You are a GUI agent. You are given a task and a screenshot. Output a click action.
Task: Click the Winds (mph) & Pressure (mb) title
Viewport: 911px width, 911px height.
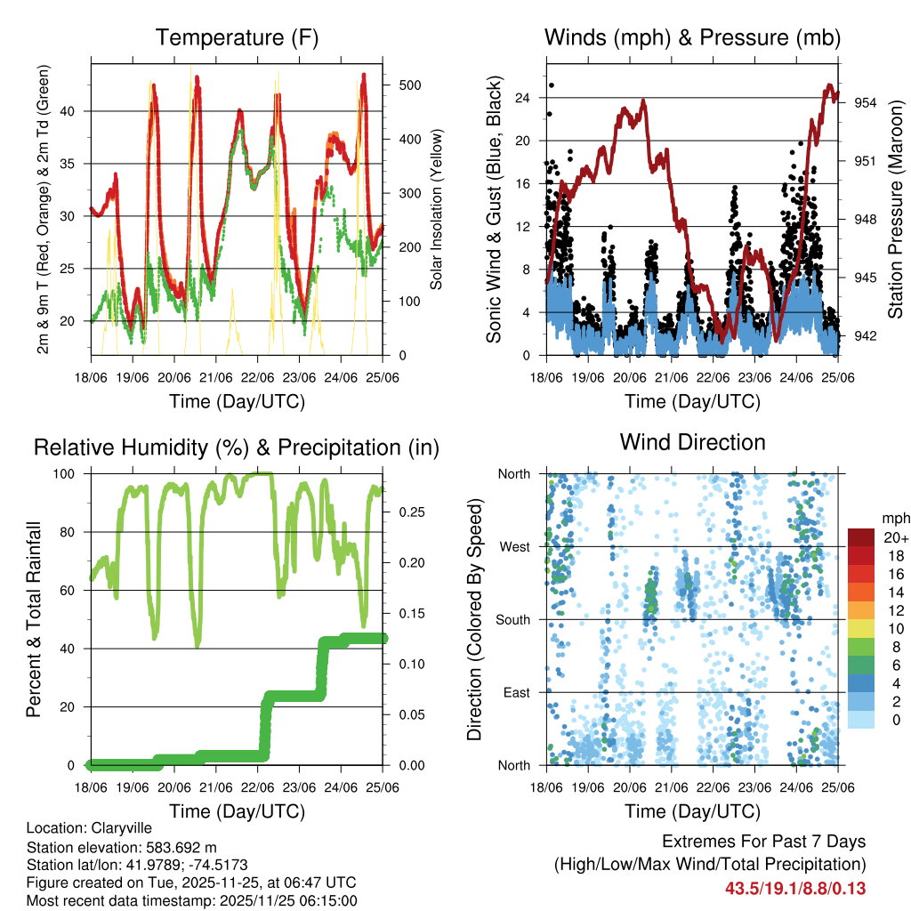pos(692,38)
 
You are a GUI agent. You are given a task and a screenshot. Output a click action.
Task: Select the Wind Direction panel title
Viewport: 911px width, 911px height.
pos(692,442)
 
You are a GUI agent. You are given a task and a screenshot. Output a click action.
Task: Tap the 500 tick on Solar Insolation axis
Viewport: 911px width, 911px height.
pos(410,85)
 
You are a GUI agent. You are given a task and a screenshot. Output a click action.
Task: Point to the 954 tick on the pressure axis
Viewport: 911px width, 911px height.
pos(867,103)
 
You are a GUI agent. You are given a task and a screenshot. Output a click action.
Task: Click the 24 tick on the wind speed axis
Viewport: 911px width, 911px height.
pos(524,97)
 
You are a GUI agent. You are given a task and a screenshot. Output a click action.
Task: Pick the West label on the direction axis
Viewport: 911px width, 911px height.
pos(514,546)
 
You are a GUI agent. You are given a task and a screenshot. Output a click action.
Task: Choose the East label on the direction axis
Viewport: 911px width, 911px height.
pos(515,692)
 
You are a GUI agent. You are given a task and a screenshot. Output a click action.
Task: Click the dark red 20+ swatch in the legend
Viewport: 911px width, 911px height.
pos(861,537)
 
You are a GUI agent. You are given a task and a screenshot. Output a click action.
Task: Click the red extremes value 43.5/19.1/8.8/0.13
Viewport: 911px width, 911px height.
pos(795,889)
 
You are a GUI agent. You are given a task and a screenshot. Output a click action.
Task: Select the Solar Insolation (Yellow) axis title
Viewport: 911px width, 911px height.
pos(437,210)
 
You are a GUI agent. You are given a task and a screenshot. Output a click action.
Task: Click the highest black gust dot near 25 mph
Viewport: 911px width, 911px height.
pos(551,85)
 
